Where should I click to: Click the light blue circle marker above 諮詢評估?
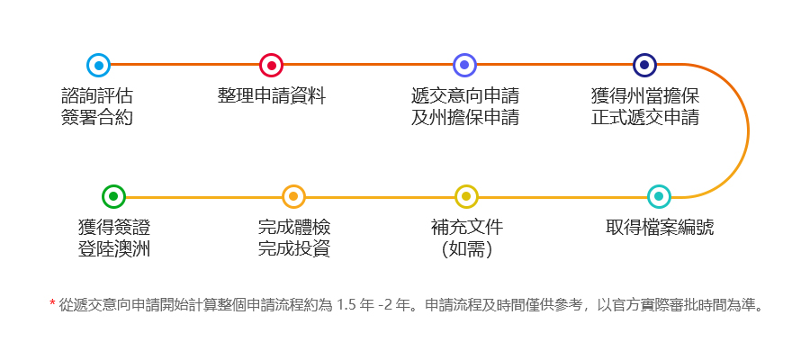(x=98, y=66)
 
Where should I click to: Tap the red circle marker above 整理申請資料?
(x=271, y=66)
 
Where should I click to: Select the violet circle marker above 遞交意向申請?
(x=464, y=65)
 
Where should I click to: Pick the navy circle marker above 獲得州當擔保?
(x=644, y=65)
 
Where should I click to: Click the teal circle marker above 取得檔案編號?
(x=659, y=197)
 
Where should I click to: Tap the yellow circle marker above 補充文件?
(x=466, y=197)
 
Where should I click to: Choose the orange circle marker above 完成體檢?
(x=293, y=197)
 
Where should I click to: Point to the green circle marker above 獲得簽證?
(x=113, y=197)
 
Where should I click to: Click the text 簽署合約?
(x=96, y=118)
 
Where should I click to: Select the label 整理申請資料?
(x=272, y=96)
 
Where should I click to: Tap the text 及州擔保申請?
(x=465, y=118)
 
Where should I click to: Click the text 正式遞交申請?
(x=644, y=118)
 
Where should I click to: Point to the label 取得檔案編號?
(x=660, y=228)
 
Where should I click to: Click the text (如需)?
(x=467, y=249)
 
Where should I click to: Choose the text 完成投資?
(x=294, y=249)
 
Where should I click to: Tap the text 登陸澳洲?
(x=114, y=249)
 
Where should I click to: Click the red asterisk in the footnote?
(x=52, y=303)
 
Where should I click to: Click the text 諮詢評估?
(x=96, y=96)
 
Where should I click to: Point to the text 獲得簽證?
(x=114, y=228)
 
